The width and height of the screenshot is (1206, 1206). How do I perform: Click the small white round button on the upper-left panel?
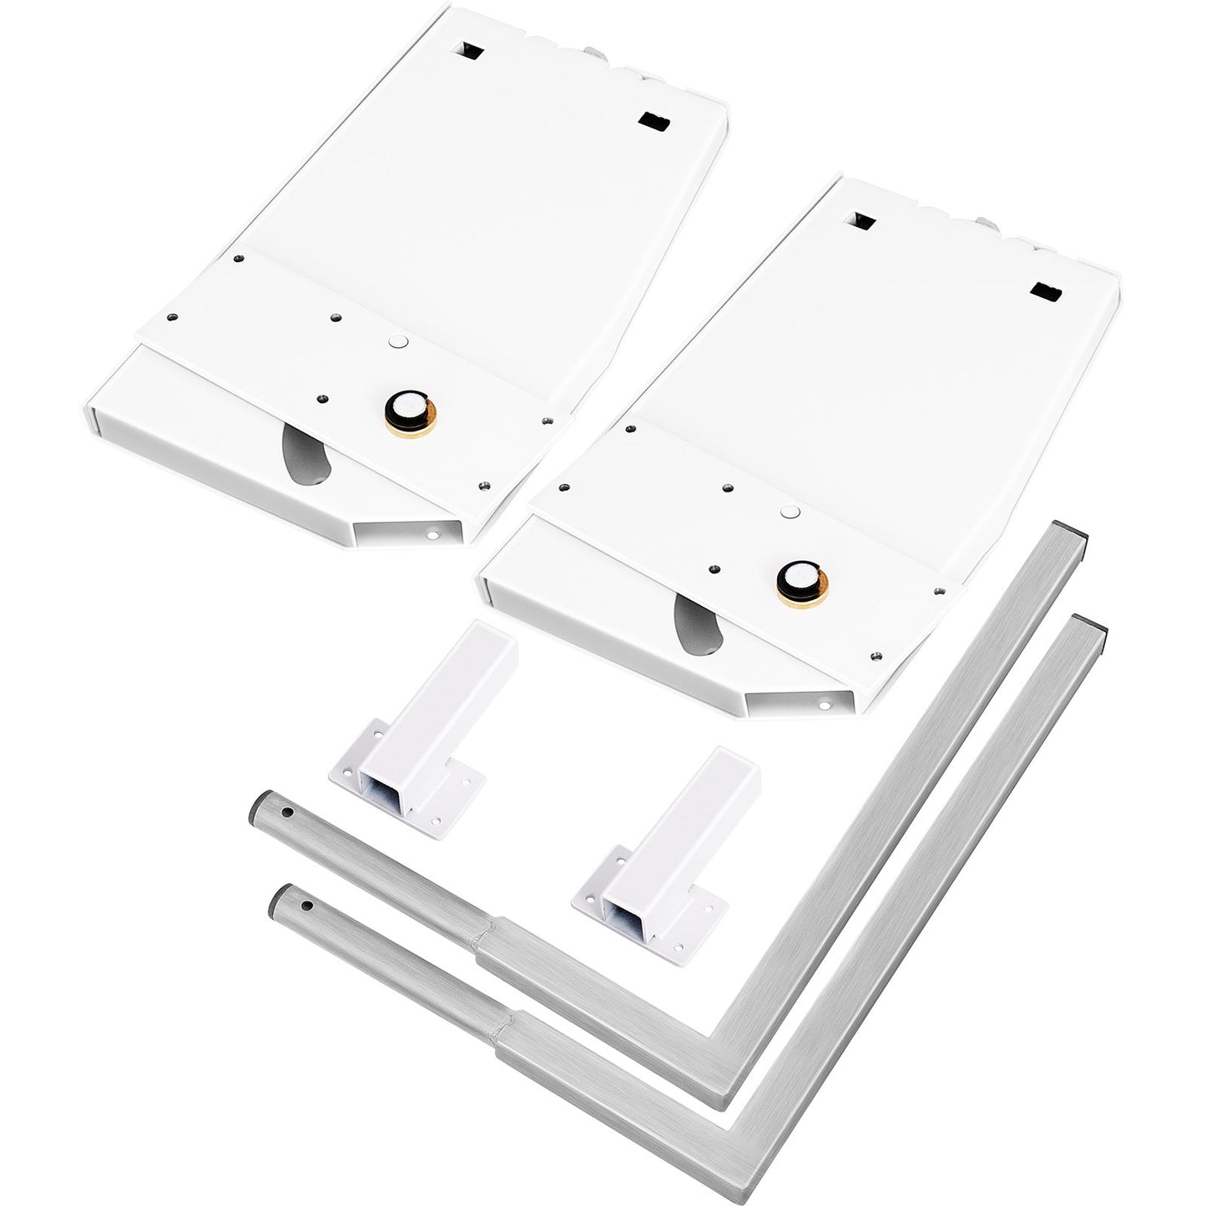click(397, 342)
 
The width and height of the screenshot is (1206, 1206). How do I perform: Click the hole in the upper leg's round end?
click(286, 810)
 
